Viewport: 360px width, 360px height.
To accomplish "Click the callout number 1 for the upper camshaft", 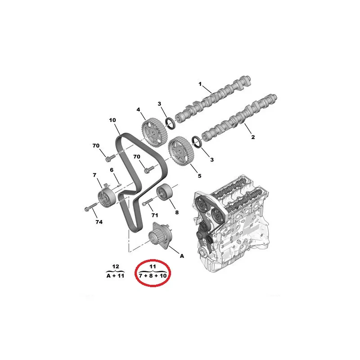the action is pyautogui.click(x=200, y=84).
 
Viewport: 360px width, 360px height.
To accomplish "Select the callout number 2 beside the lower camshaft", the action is pyautogui.click(x=253, y=137).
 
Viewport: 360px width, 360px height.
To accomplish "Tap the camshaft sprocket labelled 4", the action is pyautogui.click(x=151, y=131).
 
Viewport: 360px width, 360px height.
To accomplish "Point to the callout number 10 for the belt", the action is pyautogui.click(x=112, y=120).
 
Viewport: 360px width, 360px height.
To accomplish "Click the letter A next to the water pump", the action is pyautogui.click(x=182, y=256).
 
